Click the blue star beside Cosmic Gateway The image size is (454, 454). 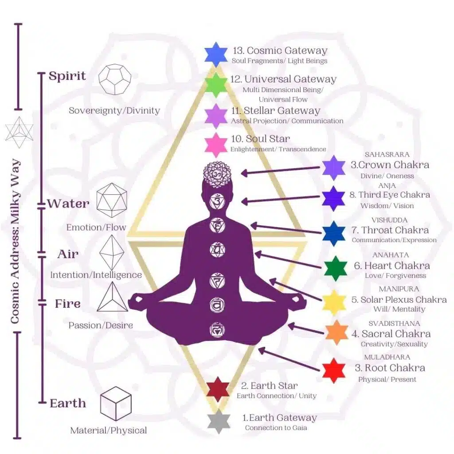click(216, 54)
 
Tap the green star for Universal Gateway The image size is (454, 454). click(216, 85)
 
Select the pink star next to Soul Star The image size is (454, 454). click(216, 145)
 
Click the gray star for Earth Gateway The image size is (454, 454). click(219, 421)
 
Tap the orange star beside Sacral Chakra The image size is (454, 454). click(337, 333)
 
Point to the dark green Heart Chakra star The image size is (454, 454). click(335, 268)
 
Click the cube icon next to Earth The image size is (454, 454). click(116, 403)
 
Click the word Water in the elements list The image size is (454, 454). click(68, 204)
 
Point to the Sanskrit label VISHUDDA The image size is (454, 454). click(389, 220)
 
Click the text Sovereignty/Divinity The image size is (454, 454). click(114, 110)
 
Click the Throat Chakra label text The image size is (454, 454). click(395, 230)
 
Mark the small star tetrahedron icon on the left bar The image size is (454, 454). click(16, 132)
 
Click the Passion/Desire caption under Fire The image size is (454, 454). click(101, 325)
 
